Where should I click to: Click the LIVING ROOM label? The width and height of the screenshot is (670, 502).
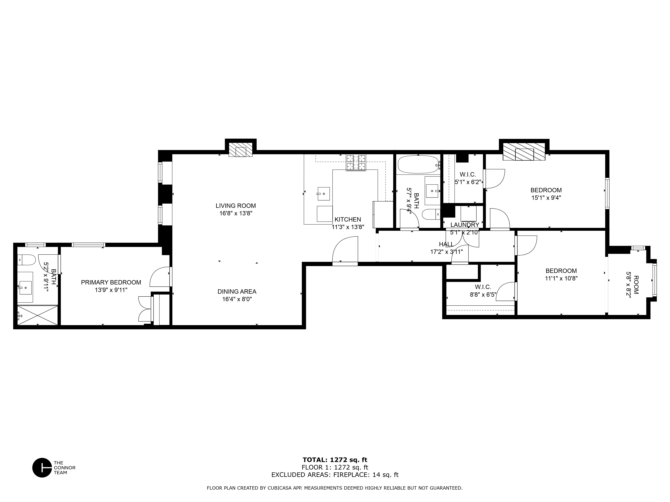(236, 206)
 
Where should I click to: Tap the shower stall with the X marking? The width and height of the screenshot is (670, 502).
(37, 315)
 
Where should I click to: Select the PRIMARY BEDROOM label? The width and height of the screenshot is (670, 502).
(111, 282)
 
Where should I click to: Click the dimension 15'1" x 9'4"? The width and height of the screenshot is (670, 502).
(546, 198)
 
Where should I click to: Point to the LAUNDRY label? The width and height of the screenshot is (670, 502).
(464, 225)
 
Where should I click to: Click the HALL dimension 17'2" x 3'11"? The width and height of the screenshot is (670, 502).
(446, 252)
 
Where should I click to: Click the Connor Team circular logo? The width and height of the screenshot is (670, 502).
(42, 468)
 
